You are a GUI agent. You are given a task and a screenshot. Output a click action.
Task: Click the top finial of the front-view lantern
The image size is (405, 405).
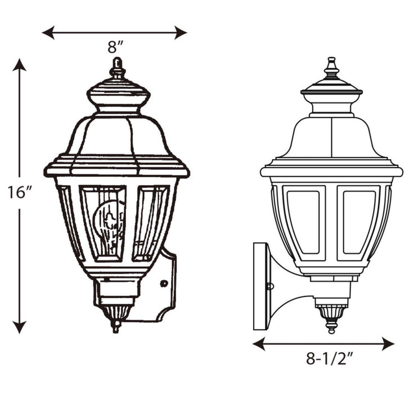[117, 67]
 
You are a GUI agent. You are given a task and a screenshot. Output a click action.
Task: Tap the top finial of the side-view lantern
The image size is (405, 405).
[331, 67]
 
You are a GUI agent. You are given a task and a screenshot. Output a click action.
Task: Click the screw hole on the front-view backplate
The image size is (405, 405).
[163, 284]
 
